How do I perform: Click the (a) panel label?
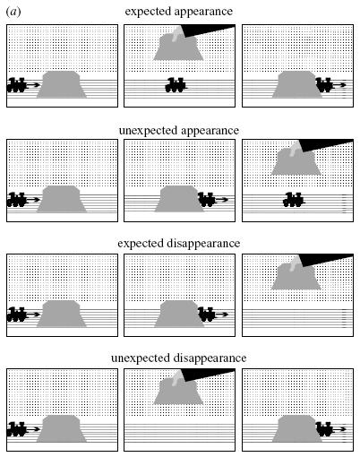(x=13, y=12)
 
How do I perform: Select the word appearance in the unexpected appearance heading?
(x=210, y=131)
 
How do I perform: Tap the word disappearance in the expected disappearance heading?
(x=203, y=243)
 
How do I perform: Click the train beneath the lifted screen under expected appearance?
(x=176, y=85)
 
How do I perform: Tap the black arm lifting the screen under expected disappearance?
(x=327, y=259)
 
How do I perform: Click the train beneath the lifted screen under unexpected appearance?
(x=294, y=200)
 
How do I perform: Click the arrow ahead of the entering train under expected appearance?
(x=33, y=85)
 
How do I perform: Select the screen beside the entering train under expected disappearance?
(x=62, y=314)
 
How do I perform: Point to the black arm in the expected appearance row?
(x=208, y=30)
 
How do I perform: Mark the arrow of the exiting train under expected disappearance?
(x=221, y=315)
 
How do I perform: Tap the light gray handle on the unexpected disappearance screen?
(x=177, y=378)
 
